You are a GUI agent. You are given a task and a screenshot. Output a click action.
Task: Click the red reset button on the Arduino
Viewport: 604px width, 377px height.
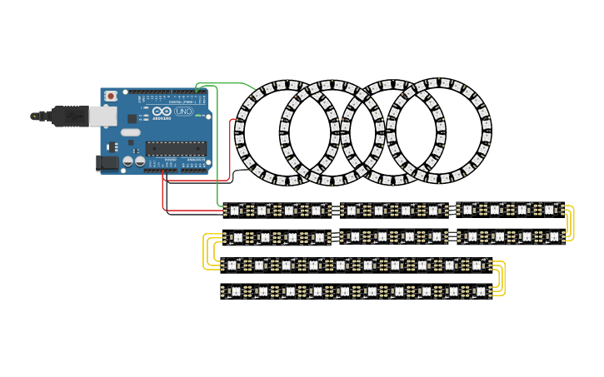(x=110, y=93)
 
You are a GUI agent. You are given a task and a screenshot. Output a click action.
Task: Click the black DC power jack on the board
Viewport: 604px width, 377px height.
(x=107, y=163)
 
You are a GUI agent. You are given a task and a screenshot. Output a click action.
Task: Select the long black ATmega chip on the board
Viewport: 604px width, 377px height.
(x=176, y=148)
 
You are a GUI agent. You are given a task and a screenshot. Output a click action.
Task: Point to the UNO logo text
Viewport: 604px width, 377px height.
(x=183, y=112)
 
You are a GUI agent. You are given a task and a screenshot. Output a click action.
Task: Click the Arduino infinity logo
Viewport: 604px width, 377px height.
(x=162, y=112)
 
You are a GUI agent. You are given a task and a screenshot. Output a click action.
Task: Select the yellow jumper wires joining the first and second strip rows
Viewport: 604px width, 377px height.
(x=569, y=223)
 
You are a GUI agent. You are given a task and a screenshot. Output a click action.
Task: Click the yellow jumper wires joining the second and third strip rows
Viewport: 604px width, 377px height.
(x=207, y=251)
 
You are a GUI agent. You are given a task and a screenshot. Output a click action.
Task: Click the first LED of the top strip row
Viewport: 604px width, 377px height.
(x=234, y=210)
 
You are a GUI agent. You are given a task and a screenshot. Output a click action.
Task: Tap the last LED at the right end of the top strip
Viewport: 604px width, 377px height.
(x=551, y=210)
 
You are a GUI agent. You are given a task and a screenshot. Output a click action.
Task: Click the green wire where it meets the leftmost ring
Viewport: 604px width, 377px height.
(x=255, y=89)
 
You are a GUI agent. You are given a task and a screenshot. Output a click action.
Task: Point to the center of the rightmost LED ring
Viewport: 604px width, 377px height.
(x=438, y=131)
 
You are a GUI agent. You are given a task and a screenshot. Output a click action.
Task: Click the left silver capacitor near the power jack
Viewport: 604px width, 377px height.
(x=128, y=161)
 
